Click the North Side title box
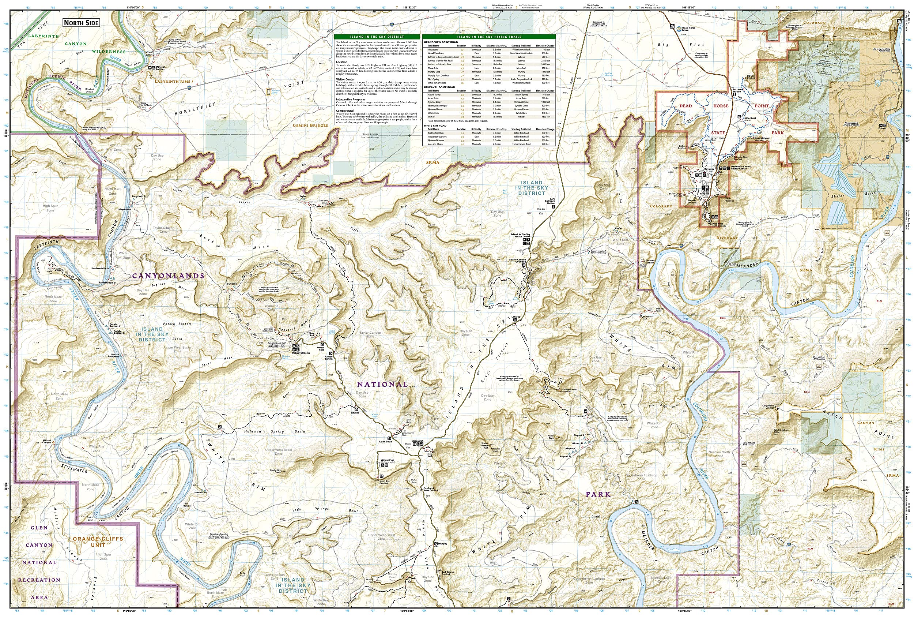(x=82, y=23)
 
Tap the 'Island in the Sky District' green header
(x=377, y=37)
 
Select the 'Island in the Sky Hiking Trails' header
(x=489, y=37)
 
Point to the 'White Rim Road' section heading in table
(x=435, y=126)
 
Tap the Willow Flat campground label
(x=387, y=460)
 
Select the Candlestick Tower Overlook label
(x=430, y=489)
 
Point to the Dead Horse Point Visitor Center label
(x=741, y=168)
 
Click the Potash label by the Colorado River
(x=893, y=128)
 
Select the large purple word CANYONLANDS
(x=168, y=276)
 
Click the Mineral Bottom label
(x=160, y=68)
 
